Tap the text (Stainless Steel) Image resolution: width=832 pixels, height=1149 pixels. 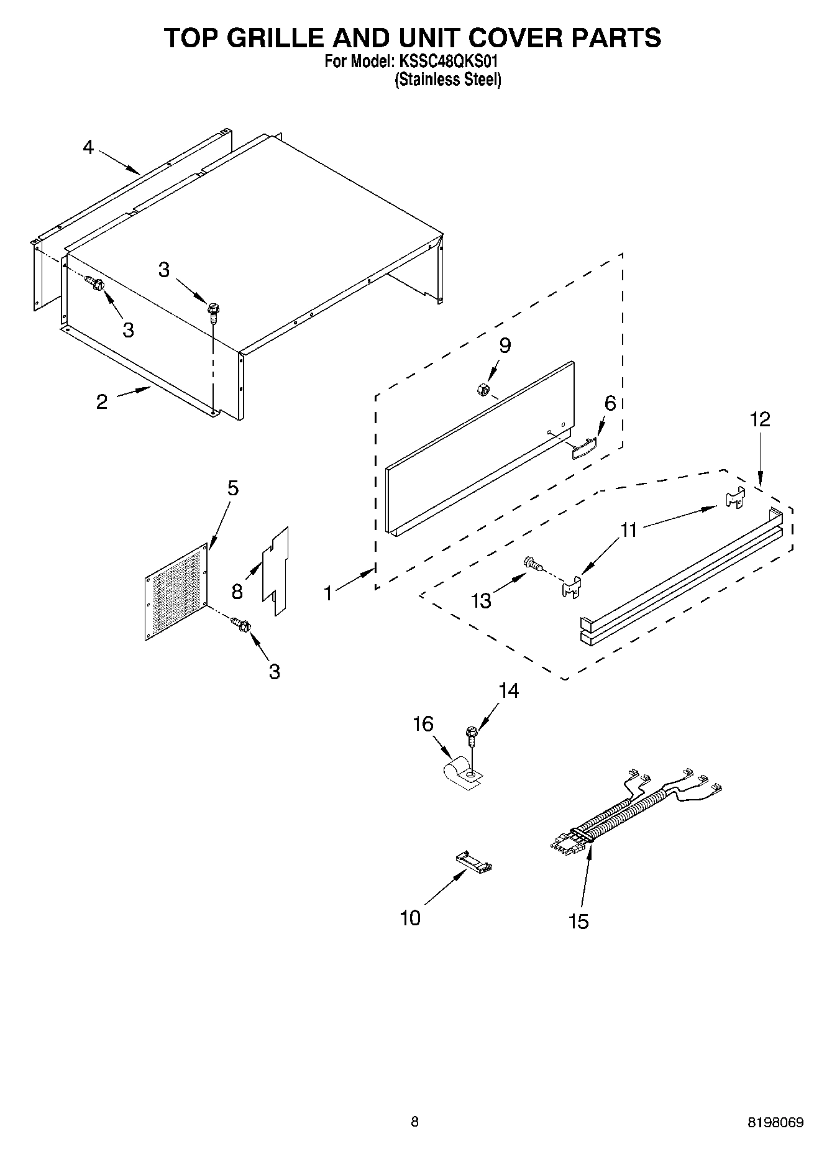click(x=447, y=80)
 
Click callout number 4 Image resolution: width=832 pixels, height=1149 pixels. click(x=88, y=147)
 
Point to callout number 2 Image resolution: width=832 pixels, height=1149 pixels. click(x=102, y=401)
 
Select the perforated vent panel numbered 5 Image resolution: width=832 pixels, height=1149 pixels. click(x=176, y=592)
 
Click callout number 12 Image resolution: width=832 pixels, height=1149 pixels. click(x=760, y=419)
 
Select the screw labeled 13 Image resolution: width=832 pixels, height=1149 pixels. click(x=533, y=563)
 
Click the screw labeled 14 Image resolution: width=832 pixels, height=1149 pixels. click(x=472, y=735)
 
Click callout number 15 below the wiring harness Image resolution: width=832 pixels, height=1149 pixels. click(x=578, y=921)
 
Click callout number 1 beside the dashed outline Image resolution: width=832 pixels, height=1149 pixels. click(x=328, y=593)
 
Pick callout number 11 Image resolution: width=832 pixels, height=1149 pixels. click(x=629, y=530)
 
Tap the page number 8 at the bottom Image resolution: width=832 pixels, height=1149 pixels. click(x=414, y=1122)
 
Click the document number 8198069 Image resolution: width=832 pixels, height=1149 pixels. click(x=775, y=1122)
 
